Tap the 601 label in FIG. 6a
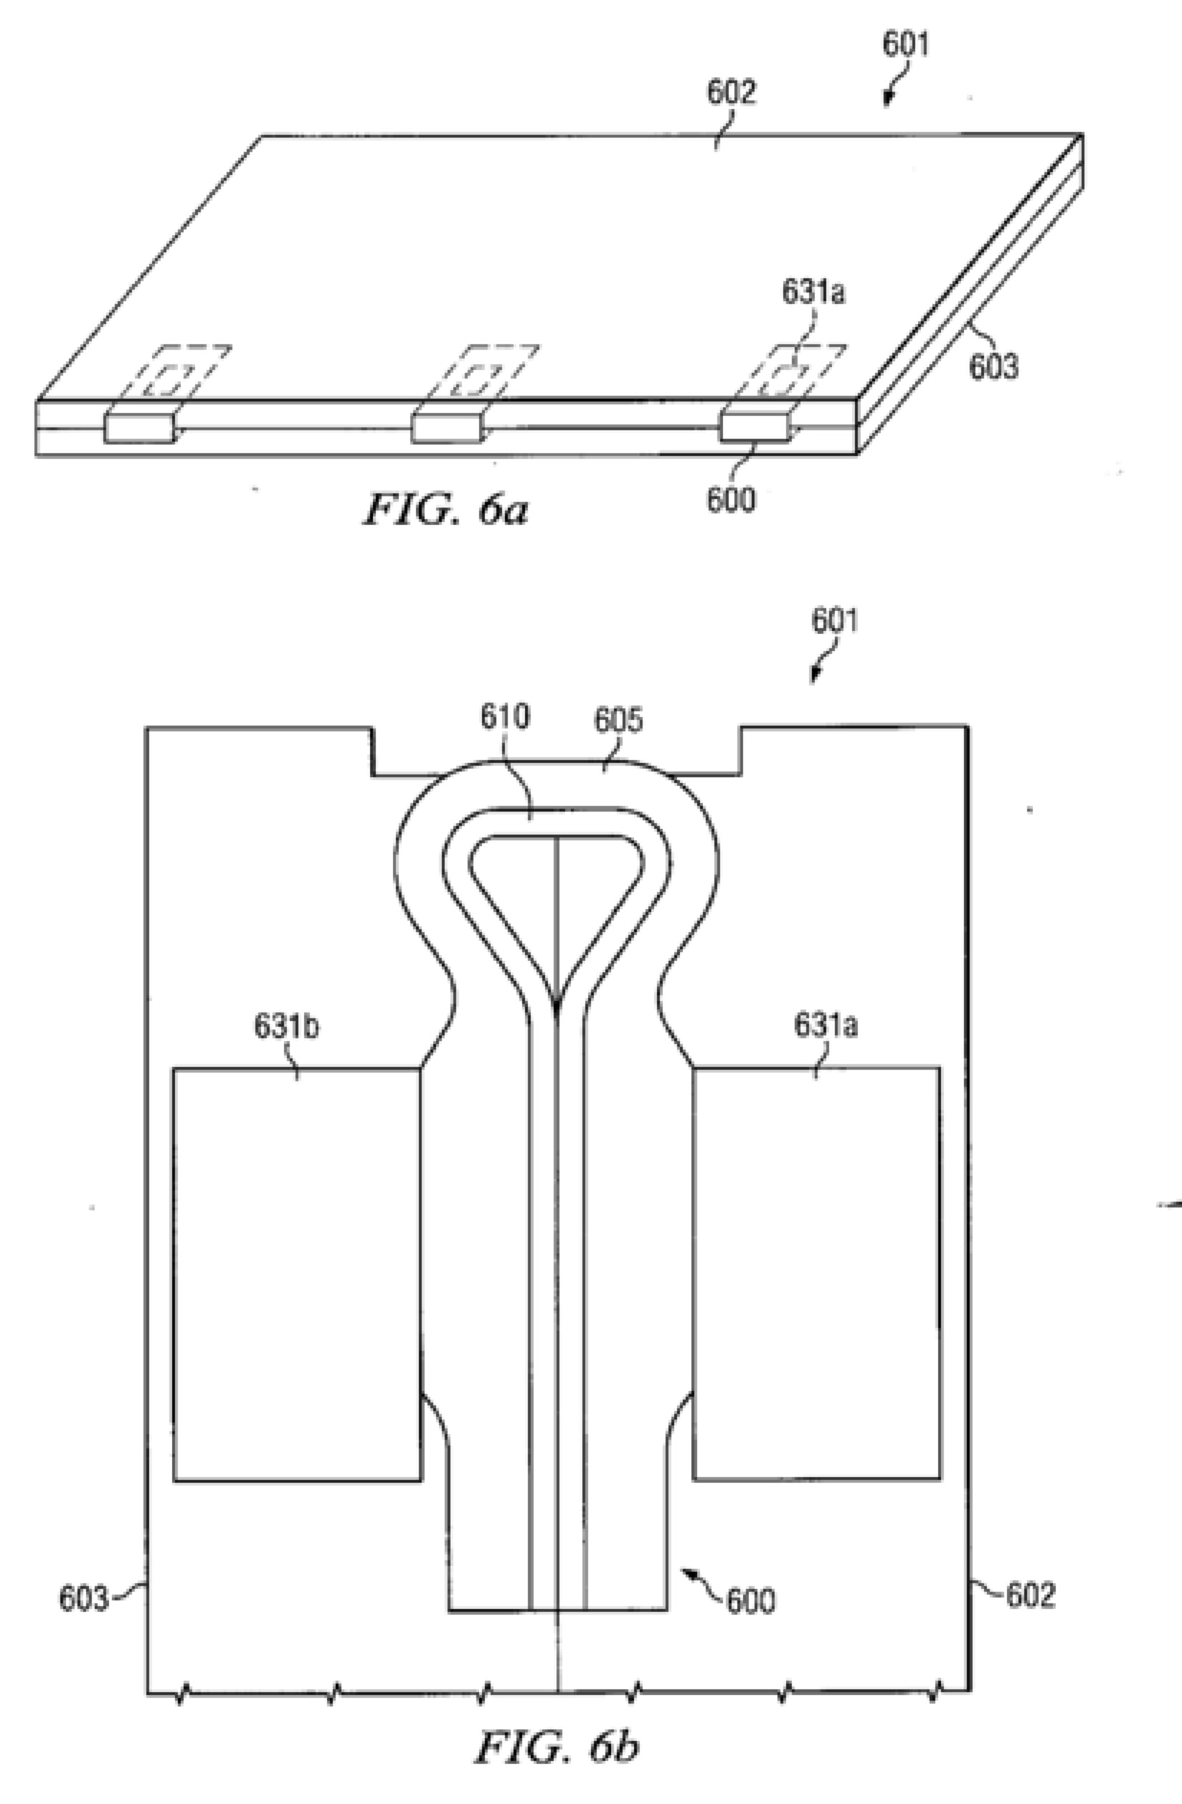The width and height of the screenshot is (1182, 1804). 905,44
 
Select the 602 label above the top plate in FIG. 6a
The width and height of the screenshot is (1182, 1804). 732,92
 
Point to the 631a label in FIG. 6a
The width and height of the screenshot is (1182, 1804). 813,293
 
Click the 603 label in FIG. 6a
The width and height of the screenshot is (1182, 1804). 994,367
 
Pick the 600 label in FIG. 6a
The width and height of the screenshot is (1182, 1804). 731,500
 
